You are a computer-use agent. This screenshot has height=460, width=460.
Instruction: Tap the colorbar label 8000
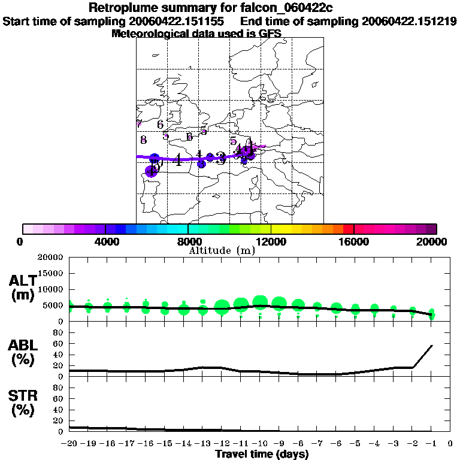coord(187,241)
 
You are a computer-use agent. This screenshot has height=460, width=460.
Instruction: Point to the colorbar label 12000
coord(271,241)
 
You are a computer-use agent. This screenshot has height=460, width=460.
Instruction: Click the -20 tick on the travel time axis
coord(70,444)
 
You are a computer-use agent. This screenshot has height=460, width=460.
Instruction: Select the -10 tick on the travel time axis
coord(260,444)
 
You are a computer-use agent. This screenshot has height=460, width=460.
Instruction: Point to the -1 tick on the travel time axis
coord(431,444)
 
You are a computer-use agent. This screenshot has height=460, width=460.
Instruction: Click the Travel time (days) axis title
coord(262,454)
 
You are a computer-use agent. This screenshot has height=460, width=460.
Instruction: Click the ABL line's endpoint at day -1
coord(432,346)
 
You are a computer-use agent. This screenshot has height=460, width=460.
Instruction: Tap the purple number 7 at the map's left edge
coord(140,124)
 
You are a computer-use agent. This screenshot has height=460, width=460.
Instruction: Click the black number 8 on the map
coord(143,140)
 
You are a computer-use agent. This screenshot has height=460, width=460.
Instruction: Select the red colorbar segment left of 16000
coord(348,229)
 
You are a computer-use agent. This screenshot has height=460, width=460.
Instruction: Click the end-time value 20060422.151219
coord(409,21)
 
